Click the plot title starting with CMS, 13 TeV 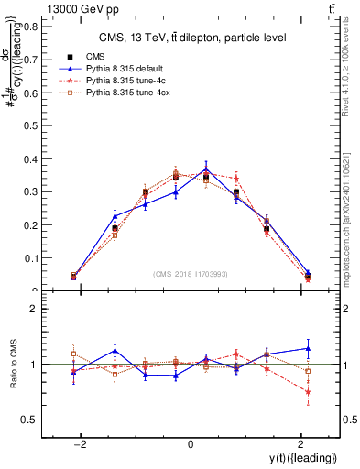click(189, 37)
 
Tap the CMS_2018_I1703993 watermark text click(191, 274)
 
